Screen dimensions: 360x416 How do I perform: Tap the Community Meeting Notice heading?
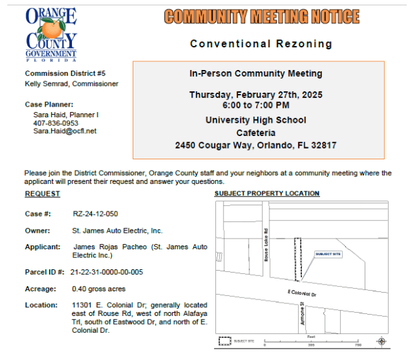click(261, 17)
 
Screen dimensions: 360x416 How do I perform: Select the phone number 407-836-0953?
click(55, 123)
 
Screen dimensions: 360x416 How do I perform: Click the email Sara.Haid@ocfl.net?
click(65, 131)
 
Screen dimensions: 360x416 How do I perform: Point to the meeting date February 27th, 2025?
click(255, 95)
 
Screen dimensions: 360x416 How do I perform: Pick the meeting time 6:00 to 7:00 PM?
click(256, 105)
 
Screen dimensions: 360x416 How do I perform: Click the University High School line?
click(256, 120)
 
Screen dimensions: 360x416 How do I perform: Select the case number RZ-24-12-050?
click(95, 214)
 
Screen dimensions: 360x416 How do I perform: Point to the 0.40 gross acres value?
click(99, 289)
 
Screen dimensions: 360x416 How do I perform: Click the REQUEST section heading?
click(43, 194)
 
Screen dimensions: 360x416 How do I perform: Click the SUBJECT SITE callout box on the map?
click(327, 254)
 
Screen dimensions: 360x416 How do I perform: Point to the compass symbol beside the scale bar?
click(381, 341)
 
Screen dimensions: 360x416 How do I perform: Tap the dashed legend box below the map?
click(225, 341)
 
